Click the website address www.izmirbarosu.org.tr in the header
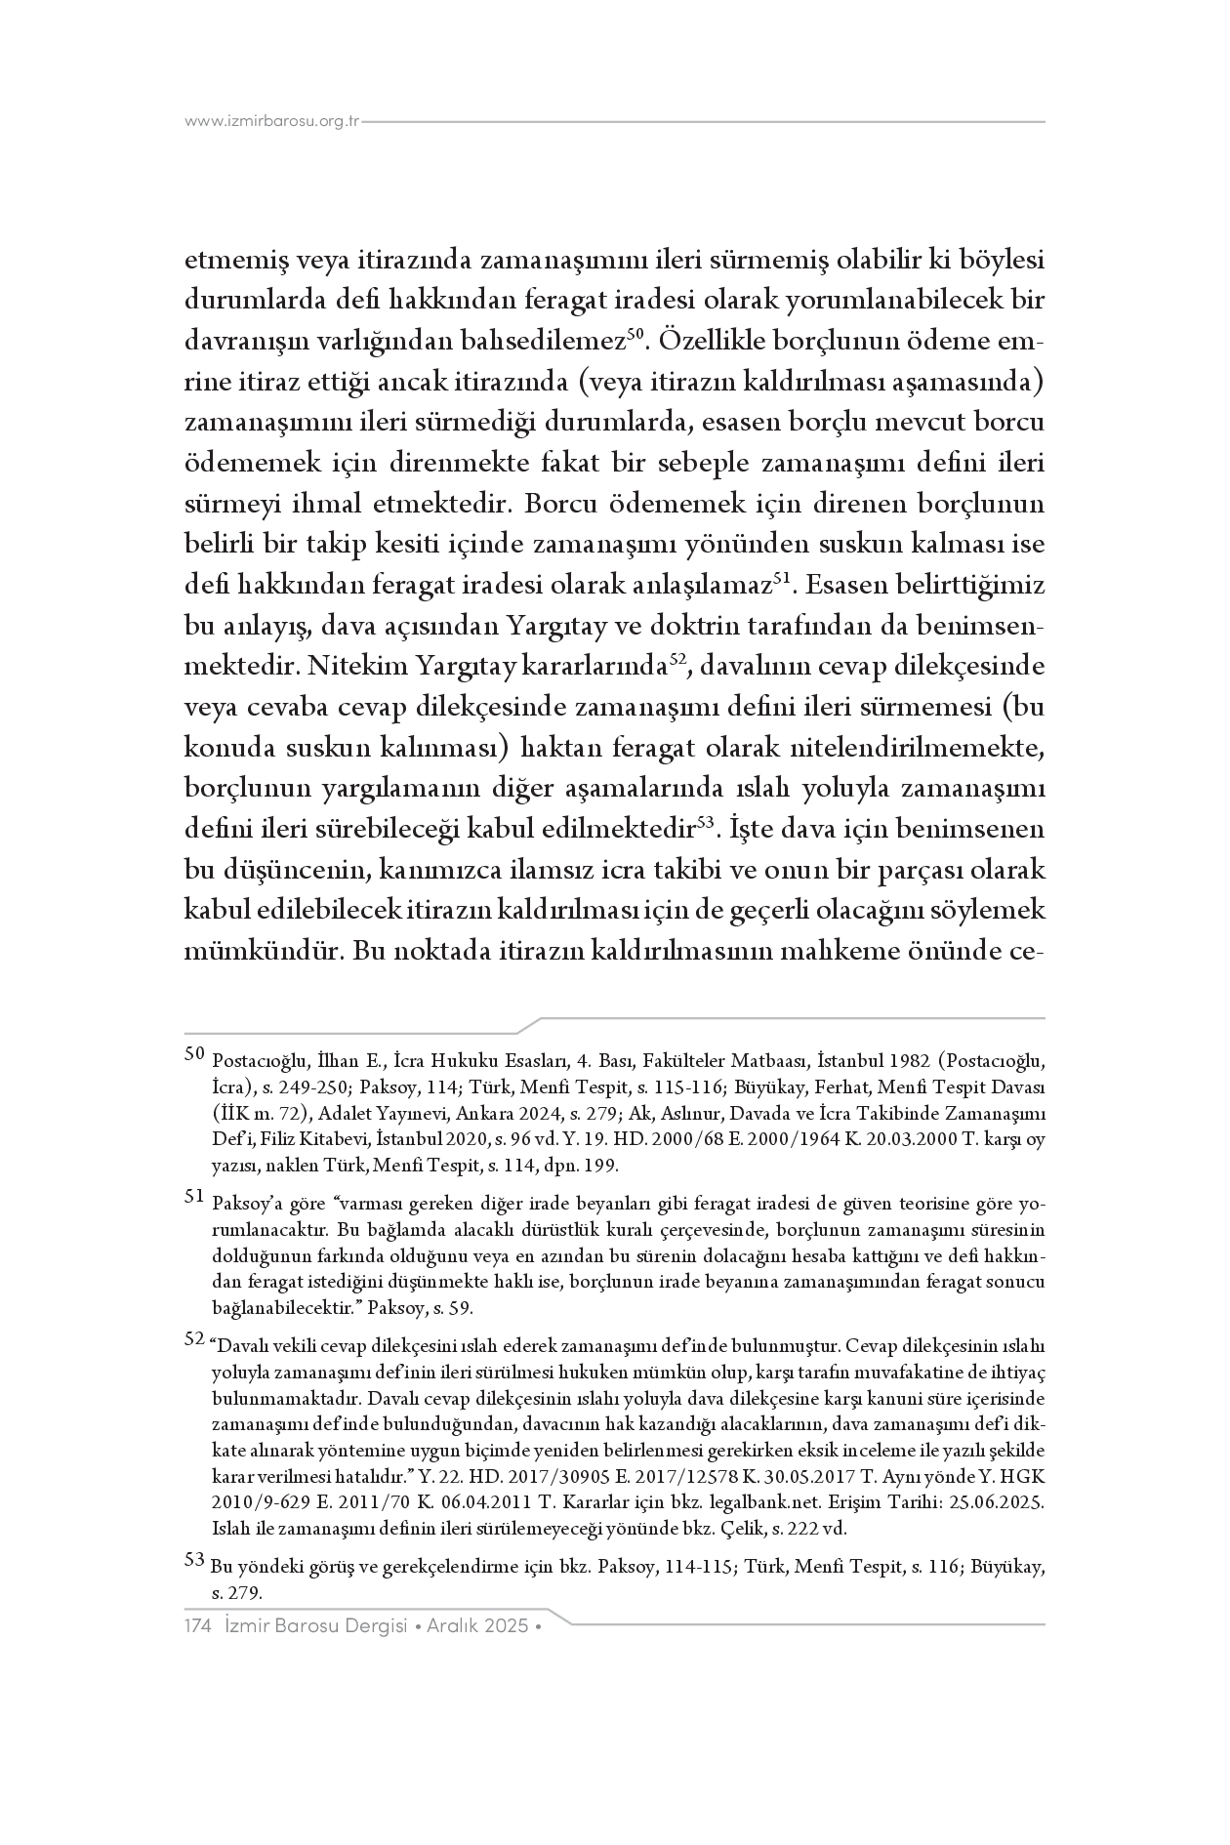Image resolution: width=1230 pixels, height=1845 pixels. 272,122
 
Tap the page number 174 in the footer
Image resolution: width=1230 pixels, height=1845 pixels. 199,1625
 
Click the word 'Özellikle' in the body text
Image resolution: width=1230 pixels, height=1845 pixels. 710,342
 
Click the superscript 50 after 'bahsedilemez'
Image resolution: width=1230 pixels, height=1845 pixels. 635,334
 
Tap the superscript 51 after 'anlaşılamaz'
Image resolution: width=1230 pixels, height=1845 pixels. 782,578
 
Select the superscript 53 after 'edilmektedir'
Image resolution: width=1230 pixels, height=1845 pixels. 710,821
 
